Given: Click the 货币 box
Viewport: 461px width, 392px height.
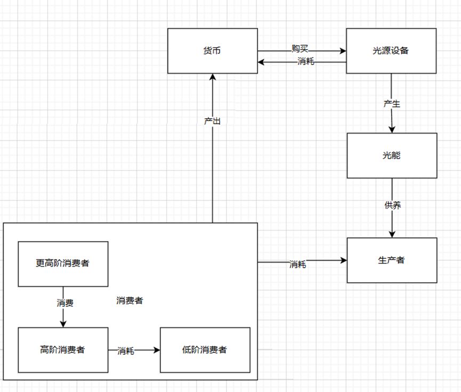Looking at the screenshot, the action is (213, 51).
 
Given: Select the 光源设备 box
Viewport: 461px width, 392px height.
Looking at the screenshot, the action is (391, 51).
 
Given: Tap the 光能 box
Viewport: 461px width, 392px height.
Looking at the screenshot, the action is (392, 155).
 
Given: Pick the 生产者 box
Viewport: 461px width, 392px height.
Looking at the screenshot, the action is (392, 260).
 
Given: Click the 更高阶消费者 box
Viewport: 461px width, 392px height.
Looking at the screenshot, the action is (63, 264).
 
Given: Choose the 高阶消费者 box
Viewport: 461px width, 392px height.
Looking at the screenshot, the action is (63, 350).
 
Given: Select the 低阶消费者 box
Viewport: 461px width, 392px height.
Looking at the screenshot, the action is (205, 350).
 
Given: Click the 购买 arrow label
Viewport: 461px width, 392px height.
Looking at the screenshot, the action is (300, 49).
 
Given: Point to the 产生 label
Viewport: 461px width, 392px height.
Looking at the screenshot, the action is (392, 104).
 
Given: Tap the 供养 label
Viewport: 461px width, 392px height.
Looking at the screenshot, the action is (392, 205).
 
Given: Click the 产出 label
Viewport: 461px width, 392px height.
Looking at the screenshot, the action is (212, 121).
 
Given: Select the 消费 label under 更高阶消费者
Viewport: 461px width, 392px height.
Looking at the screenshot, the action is (65, 303).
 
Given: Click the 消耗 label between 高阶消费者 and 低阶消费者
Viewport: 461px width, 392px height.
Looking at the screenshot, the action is (126, 351).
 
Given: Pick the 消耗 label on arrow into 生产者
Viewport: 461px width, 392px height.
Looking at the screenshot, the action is (298, 265).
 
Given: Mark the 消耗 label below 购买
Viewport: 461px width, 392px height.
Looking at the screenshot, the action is (306, 61).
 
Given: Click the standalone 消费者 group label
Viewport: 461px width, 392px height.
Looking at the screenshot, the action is (130, 300).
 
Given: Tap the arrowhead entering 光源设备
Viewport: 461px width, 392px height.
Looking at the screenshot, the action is (343, 51).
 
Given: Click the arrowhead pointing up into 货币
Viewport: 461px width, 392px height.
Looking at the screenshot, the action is (213, 77).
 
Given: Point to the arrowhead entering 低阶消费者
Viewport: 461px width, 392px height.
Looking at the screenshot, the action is (157, 350).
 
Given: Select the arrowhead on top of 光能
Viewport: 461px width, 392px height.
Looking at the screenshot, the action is (392, 130).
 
